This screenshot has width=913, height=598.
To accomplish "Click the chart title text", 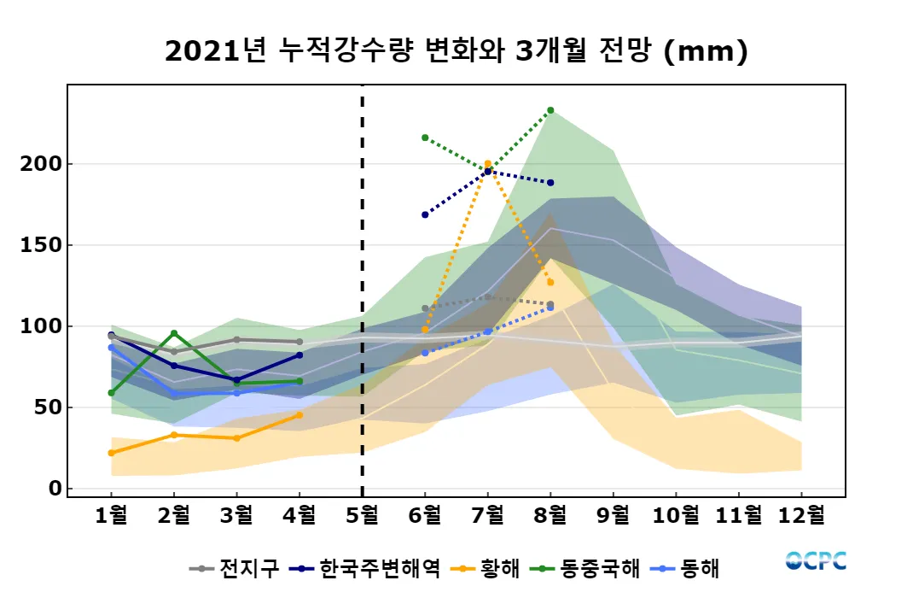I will click(456, 51).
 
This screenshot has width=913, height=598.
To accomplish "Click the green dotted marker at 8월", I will click(550, 110).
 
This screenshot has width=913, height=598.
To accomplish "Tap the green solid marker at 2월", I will click(174, 333).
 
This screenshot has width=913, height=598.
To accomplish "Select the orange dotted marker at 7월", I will click(487, 164).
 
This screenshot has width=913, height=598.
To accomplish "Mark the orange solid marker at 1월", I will click(111, 453).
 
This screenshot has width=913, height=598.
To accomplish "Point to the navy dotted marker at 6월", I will click(425, 214).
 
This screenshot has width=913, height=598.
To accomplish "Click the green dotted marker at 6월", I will click(425, 138).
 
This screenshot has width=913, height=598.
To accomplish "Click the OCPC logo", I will click(816, 561).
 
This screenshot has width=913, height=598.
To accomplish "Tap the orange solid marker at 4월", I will click(299, 415).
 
